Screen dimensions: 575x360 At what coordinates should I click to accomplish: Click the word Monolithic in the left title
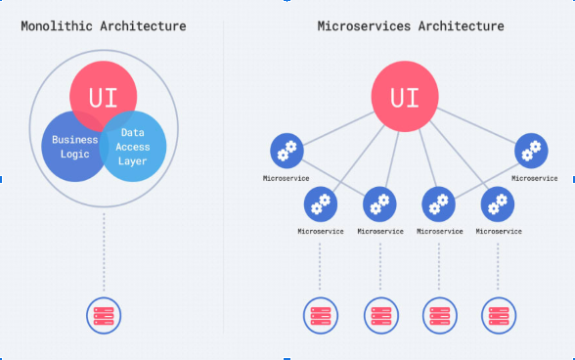[x=57, y=26]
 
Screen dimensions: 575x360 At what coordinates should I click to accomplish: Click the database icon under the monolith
[x=104, y=316]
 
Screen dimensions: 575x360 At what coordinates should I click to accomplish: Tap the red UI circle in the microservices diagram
[x=405, y=96]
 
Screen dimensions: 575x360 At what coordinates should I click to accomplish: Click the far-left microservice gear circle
[x=287, y=151]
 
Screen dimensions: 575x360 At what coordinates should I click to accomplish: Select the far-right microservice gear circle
[x=531, y=151]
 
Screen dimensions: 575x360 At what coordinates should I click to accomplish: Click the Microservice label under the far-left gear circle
[x=286, y=178]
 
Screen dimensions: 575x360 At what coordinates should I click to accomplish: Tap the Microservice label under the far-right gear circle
[x=535, y=178]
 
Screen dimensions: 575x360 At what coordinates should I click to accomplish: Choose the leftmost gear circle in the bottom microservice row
[x=321, y=204]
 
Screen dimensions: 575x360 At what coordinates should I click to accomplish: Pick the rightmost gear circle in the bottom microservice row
[x=498, y=204]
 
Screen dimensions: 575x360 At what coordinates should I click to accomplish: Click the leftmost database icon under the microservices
[x=321, y=316]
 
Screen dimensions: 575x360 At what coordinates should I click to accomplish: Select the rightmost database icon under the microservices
[x=499, y=316]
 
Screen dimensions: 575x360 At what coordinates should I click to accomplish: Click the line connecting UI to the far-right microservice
[x=476, y=125]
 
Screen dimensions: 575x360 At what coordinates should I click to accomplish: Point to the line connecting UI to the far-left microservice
[x=338, y=128]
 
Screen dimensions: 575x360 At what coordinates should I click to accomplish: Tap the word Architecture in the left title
[x=143, y=26]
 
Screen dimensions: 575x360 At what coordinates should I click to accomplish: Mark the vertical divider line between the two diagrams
[x=223, y=177]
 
